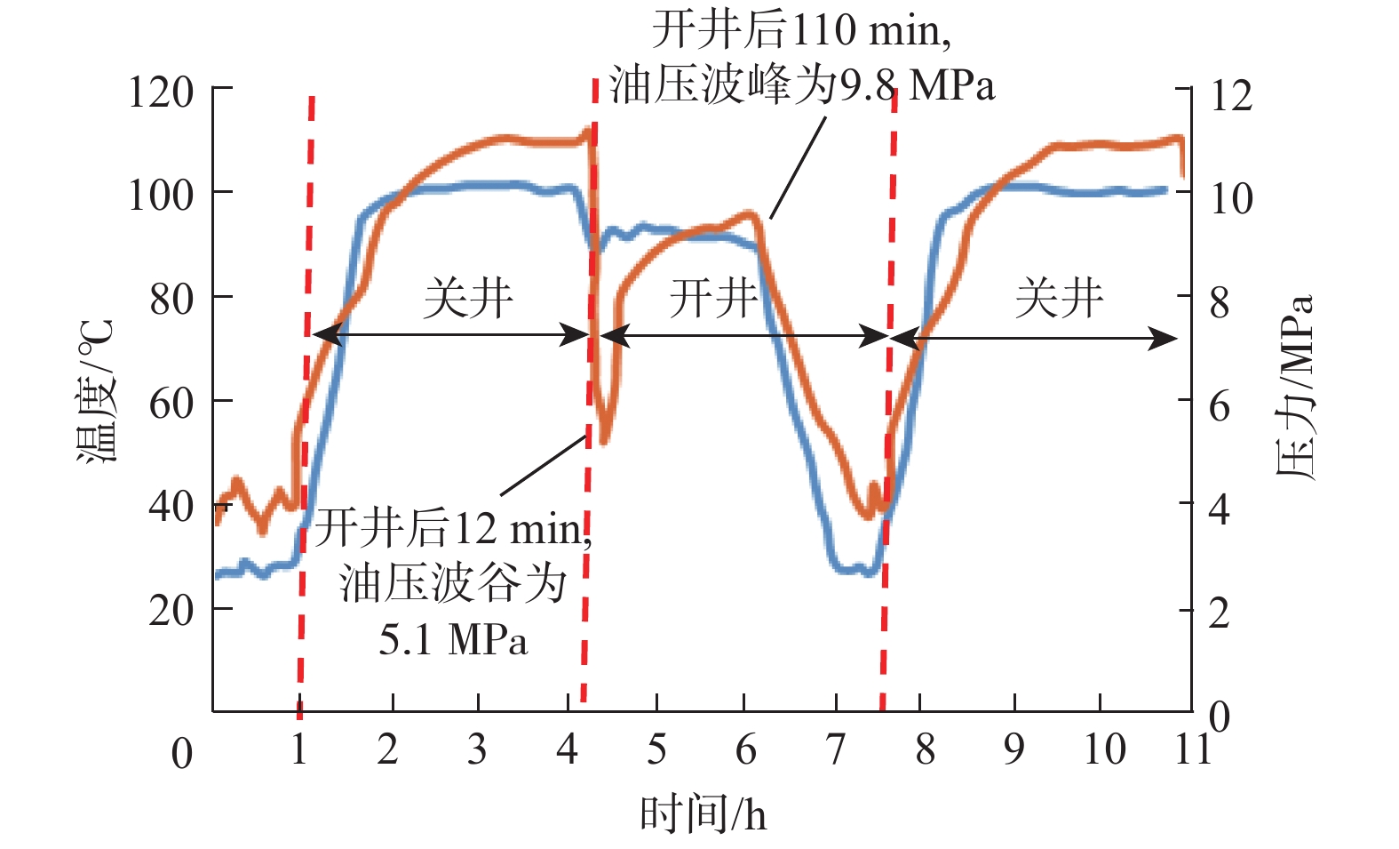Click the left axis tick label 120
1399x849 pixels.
[161, 92]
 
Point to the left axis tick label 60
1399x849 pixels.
[171, 404]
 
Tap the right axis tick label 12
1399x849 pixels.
[1232, 95]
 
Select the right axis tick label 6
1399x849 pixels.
[1220, 407]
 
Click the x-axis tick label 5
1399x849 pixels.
[656, 750]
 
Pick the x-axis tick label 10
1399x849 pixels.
[1104, 750]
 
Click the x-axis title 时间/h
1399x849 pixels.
[703, 814]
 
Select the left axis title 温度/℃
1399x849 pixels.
[96, 391]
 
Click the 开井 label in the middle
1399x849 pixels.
[713, 298]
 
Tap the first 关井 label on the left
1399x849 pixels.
[468, 298]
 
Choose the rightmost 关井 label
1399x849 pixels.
[1059, 298]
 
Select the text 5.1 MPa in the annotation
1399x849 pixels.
[453, 640]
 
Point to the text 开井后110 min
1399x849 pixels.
[801, 31]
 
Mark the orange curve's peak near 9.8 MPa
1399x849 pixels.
[751, 213]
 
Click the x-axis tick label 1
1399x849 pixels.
[298, 750]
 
